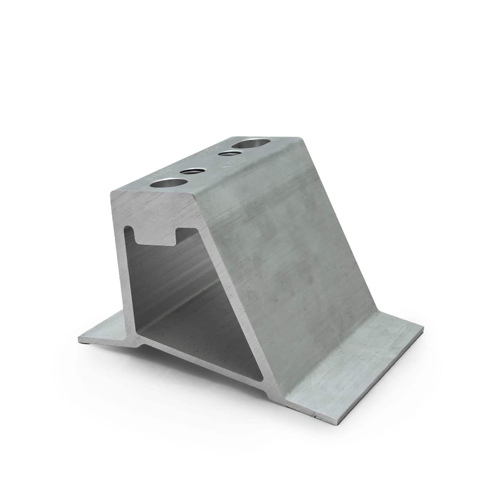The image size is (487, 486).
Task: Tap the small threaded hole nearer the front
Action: point(191,172)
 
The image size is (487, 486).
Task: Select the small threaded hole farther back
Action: point(230,154)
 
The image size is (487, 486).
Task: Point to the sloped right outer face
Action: point(282,253)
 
